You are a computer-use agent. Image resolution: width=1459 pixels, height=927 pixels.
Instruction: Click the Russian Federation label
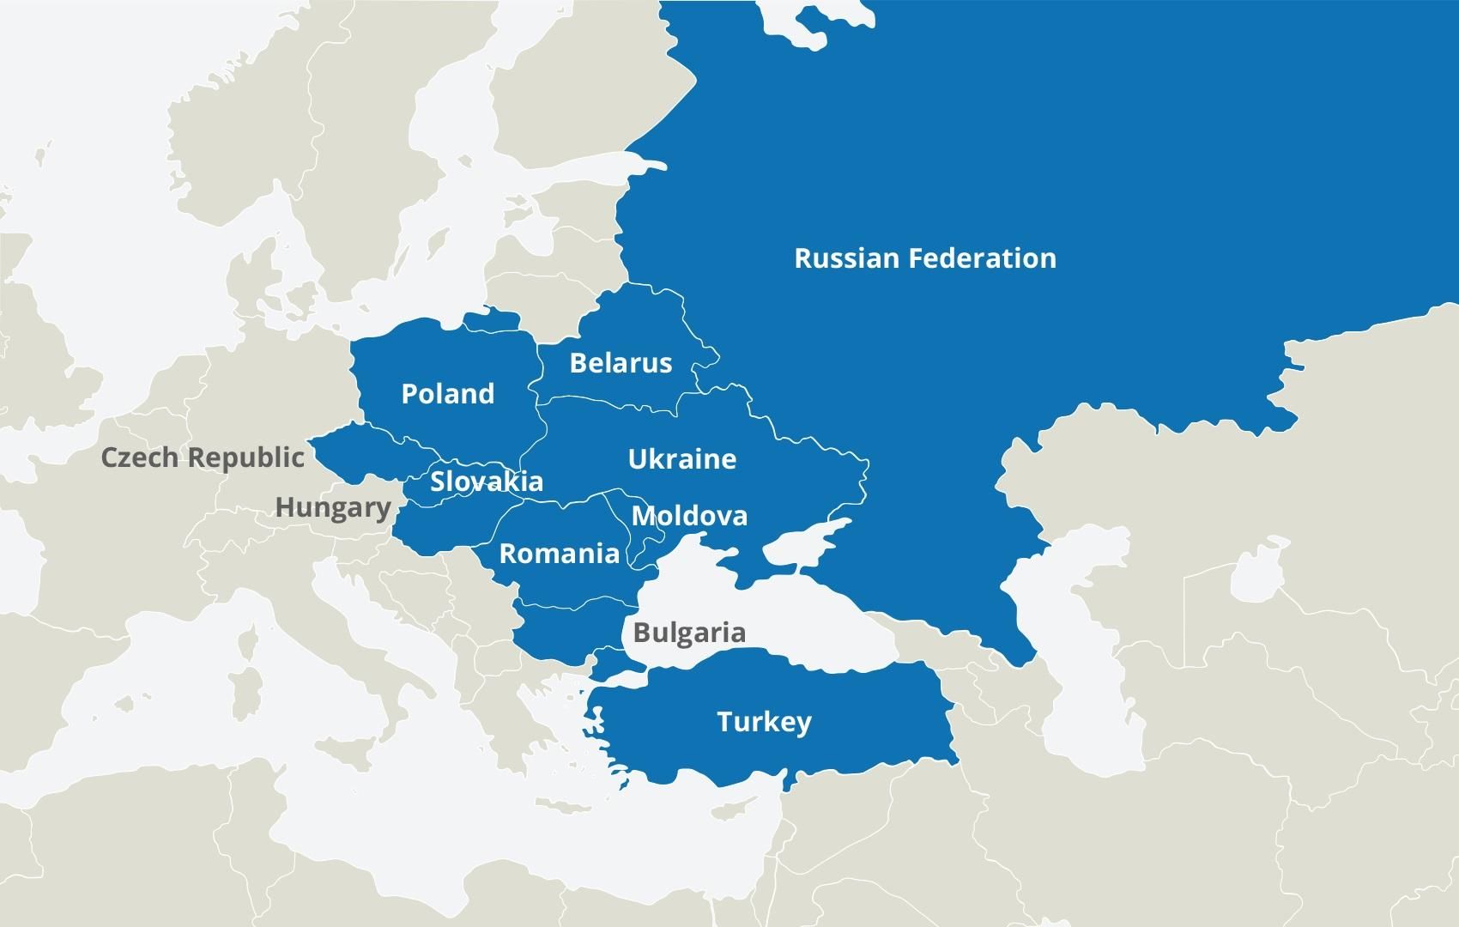[x=924, y=258]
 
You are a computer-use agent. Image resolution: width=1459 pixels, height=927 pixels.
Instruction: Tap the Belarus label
[x=621, y=363]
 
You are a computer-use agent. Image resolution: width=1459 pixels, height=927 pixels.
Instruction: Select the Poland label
[x=447, y=394]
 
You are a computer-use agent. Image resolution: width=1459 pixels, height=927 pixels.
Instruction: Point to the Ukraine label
[x=681, y=459]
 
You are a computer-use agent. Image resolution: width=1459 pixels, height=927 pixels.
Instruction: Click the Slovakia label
[x=487, y=482]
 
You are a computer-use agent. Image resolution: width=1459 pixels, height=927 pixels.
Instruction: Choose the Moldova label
[x=689, y=516]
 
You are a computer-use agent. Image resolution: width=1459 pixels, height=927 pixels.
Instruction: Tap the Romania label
[x=559, y=554]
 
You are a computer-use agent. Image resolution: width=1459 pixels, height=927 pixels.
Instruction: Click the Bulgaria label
[x=689, y=633]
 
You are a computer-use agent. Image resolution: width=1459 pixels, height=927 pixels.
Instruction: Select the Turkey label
[x=764, y=722]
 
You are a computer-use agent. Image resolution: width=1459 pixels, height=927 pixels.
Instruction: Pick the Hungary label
[x=333, y=507]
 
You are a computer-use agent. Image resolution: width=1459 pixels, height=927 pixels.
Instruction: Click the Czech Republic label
[x=203, y=457]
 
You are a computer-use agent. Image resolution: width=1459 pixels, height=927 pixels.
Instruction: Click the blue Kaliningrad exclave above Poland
[x=491, y=320]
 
